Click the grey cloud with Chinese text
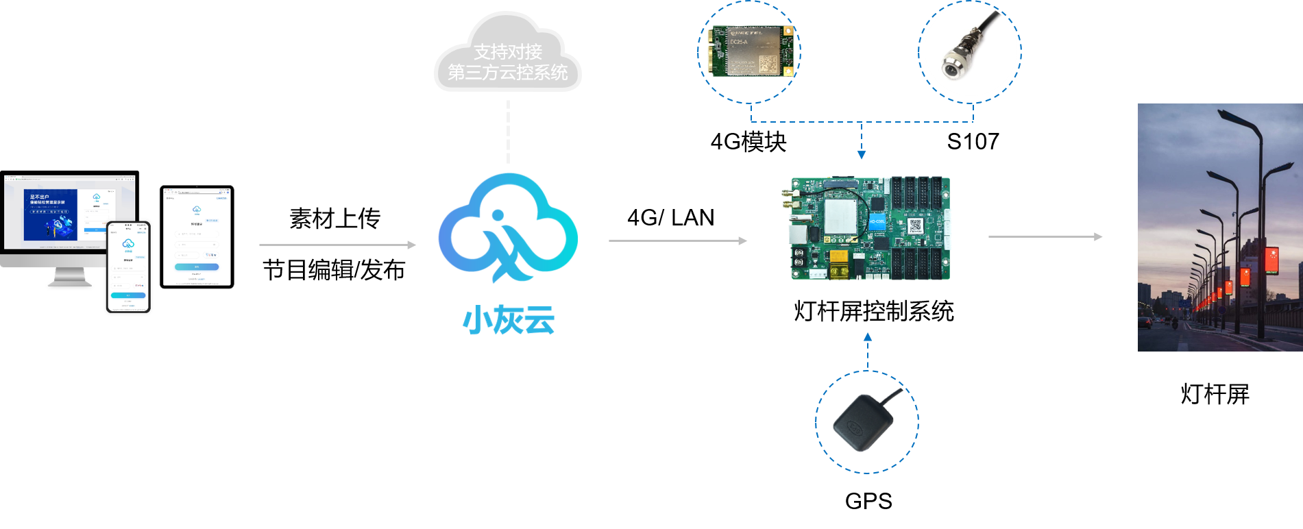click(508, 58)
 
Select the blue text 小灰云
click(509, 320)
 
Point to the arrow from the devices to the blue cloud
click(337, 245)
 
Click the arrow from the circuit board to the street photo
click(1045, 236)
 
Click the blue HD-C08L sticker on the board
click(877, 222)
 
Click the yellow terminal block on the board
click(839, 264)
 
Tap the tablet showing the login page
click(197, 236)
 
